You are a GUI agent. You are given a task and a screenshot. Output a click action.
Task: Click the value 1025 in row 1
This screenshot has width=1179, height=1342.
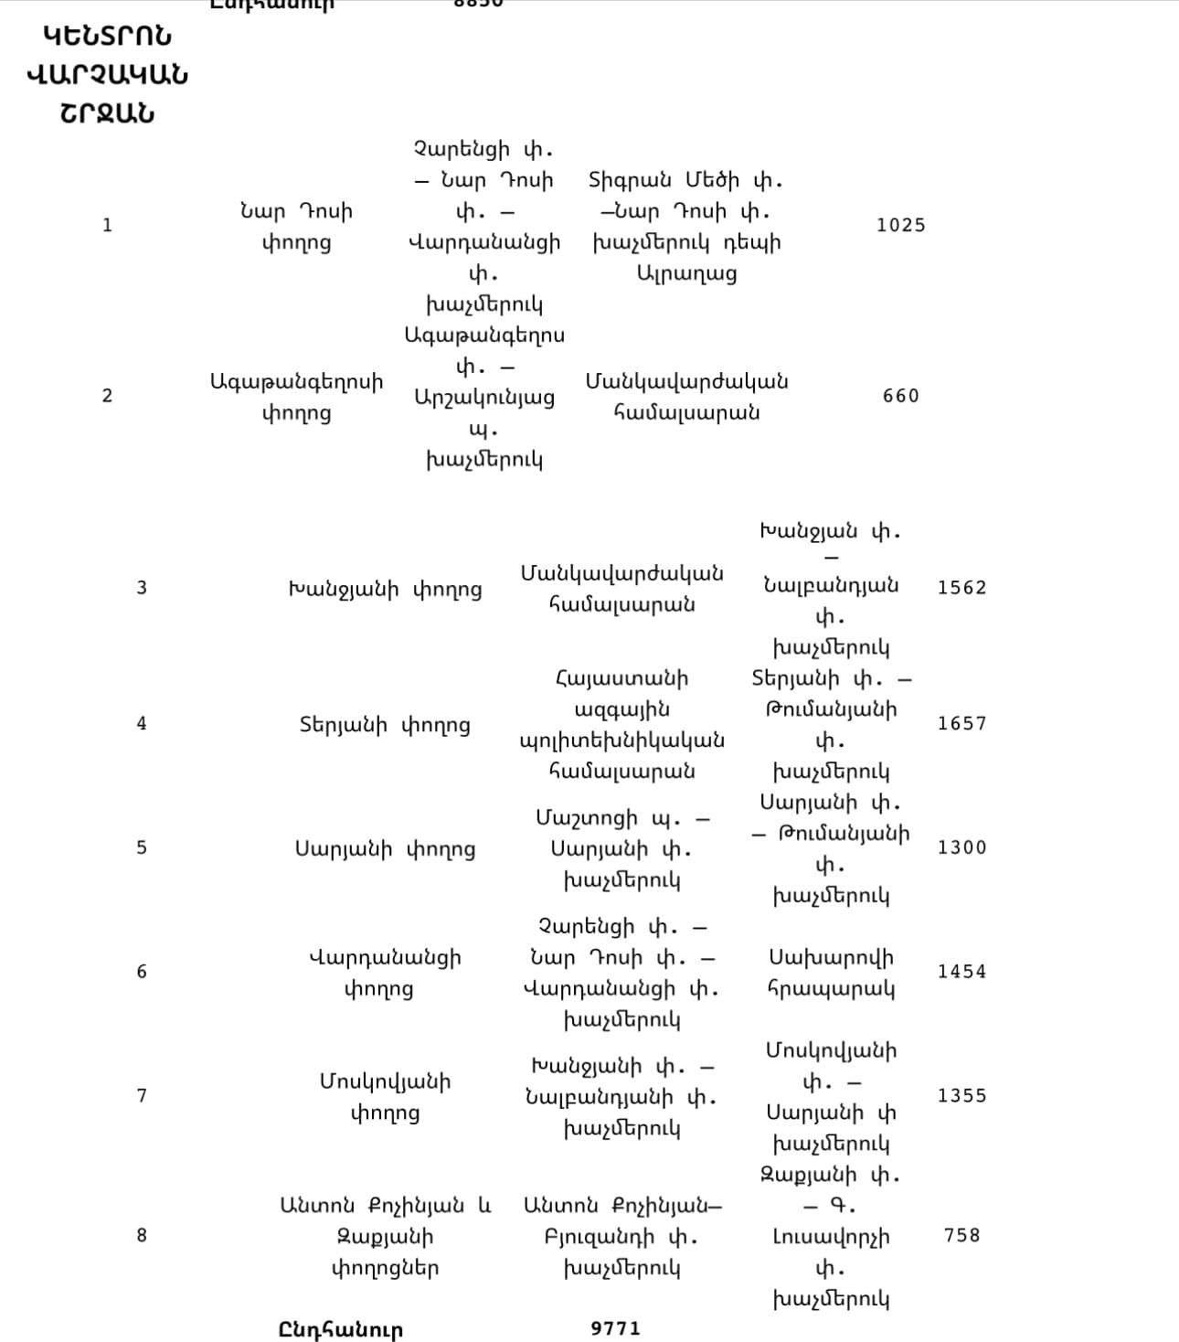(x=900, y=225)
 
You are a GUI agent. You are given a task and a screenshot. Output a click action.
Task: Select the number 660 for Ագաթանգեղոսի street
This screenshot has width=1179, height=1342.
(x=900, y=396)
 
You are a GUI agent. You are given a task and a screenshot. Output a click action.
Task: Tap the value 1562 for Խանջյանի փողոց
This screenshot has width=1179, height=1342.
(x=961, y=587)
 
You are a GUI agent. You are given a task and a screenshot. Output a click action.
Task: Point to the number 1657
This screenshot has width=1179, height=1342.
(x=961, y=723)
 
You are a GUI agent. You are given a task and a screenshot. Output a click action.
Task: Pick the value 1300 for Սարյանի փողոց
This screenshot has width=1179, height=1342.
(x=961, y=847)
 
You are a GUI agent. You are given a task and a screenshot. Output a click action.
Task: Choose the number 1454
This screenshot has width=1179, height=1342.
(x=961, y=971)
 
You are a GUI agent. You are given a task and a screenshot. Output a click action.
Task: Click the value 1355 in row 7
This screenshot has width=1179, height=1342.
(x=961, y=1095)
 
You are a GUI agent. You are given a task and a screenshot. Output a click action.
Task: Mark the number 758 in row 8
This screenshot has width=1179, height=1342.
(x=961, y=1235)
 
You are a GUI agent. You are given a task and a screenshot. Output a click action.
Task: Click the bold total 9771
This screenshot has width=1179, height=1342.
(x=616, y=1328)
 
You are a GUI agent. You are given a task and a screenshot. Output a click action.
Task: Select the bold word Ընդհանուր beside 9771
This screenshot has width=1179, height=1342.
(x=340, y=1329)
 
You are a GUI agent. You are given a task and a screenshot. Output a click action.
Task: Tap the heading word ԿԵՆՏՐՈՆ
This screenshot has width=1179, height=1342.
(x=107, y=37)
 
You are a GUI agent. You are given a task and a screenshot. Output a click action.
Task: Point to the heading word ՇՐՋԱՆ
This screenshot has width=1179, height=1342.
(x=107, y=113)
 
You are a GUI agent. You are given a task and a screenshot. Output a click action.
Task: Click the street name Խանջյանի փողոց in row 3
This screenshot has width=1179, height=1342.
(x=385, y=589)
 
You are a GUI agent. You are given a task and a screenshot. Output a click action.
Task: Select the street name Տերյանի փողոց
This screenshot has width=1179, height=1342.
(x=385, y=725)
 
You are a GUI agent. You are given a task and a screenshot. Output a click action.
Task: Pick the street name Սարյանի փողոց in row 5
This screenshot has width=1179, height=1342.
(x=385, y=849)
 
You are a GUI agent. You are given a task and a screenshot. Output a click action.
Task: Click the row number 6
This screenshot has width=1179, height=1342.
(x=142, y=971)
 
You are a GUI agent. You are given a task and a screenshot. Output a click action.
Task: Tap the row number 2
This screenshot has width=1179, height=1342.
(x=107, y=396)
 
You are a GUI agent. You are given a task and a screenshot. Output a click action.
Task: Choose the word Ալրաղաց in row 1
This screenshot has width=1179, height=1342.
(x=686, y=273)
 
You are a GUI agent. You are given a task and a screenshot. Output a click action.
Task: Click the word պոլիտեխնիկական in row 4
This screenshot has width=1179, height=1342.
(x=621, y=740)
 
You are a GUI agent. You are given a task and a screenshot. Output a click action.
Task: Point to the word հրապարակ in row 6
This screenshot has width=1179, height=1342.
(x=831, y=989)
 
